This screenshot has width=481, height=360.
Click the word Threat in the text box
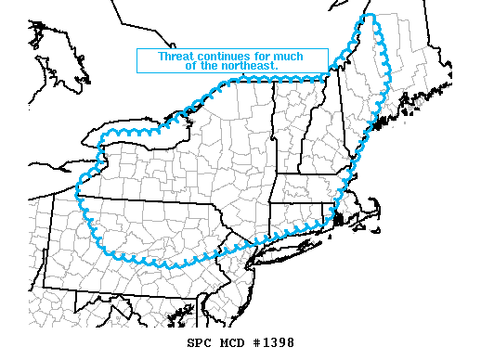point(177,56)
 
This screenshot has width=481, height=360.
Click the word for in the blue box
point(266,56)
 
